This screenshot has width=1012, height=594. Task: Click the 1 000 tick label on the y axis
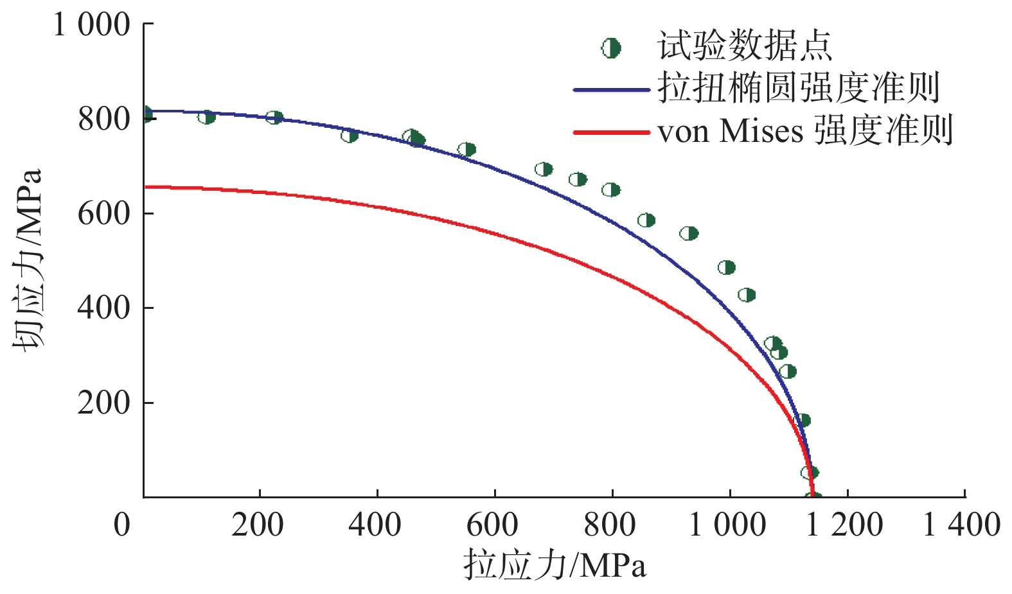point(91,26)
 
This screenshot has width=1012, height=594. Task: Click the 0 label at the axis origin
point(122,525)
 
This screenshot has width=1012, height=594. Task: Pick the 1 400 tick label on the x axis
point(961,525)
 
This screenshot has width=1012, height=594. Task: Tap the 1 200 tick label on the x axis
point(844,525)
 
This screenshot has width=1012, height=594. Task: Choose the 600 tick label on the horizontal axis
point(492,525)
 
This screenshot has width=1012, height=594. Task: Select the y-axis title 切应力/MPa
point(28,259)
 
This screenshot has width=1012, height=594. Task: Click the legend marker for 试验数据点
point(611,48)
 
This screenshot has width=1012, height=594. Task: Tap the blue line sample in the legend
point(611,90)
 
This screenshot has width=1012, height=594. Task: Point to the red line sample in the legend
point(611,133)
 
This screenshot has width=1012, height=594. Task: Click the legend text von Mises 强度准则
point(804,131)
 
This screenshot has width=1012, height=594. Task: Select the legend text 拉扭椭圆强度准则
point(799,89)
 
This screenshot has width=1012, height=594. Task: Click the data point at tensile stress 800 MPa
point(611,190)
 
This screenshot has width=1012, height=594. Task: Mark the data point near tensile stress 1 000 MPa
point(726,268)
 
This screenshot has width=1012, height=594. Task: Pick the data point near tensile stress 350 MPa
point(350,135)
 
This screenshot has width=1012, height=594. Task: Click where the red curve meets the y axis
point(145,187)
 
